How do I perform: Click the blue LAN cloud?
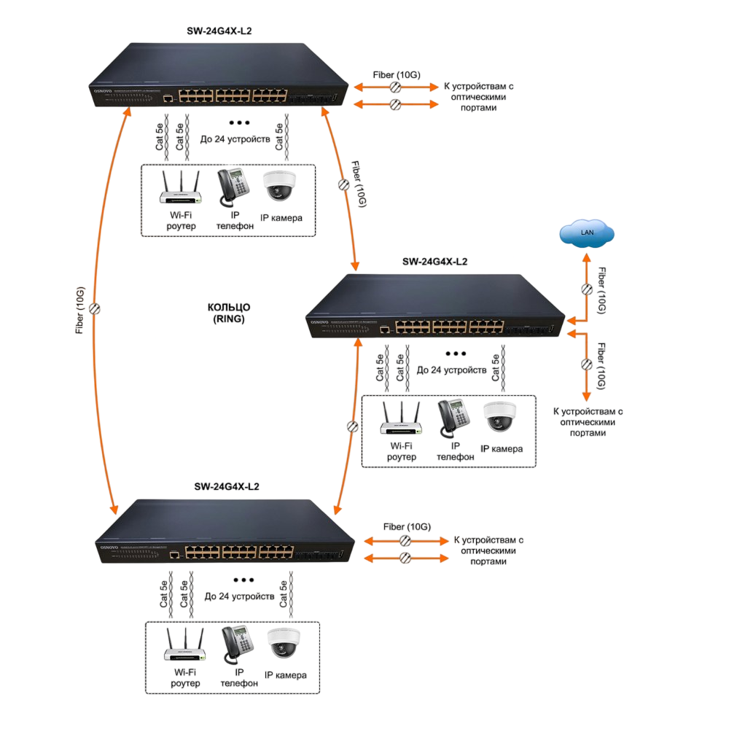[x=587, y=233]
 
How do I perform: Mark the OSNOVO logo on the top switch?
[x=99, y=89]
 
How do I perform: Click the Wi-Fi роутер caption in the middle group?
[x=402, y=451]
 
